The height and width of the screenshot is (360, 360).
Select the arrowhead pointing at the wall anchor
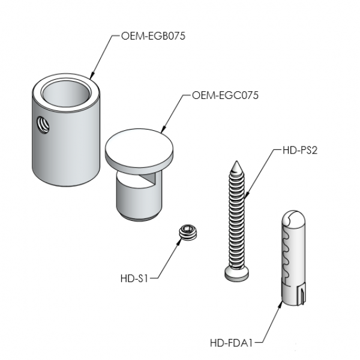(281, 304)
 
